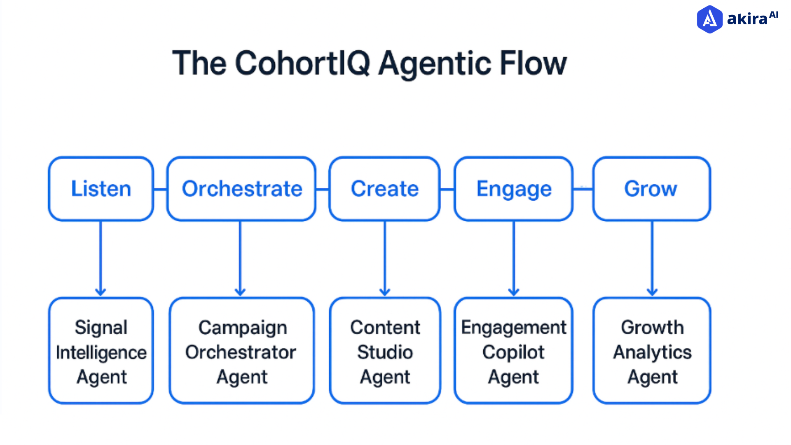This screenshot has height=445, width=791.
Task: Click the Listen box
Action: [101, 189]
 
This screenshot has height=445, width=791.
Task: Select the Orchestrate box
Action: [241, 189]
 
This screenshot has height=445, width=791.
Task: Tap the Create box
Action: [384, 189]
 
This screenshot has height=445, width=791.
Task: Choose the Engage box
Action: [513, 189]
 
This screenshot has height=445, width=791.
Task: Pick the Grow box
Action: [651, 189]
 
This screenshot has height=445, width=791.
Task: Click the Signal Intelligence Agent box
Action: [101, 351]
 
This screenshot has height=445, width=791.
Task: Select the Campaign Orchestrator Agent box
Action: [241, 351]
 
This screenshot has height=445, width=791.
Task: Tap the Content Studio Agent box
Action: [385, 351]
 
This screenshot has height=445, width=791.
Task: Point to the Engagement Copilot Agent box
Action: [513, 351]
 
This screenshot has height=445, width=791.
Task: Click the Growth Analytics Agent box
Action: [652, 351]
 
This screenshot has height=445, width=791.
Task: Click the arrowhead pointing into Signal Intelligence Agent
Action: [101, 292]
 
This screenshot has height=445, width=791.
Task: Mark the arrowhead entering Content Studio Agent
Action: [385, 292]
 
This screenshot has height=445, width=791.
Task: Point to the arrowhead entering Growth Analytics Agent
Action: [652, 292]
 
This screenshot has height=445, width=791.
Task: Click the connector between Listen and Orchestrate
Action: [160, 190]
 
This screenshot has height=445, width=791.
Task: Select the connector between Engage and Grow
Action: [583, 189]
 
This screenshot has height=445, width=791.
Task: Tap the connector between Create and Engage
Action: [447, 190]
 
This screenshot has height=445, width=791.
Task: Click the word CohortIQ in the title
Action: [303, 64]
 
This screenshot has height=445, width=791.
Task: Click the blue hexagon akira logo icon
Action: [709, 19]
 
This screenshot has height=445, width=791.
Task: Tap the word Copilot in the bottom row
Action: [513, 352]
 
